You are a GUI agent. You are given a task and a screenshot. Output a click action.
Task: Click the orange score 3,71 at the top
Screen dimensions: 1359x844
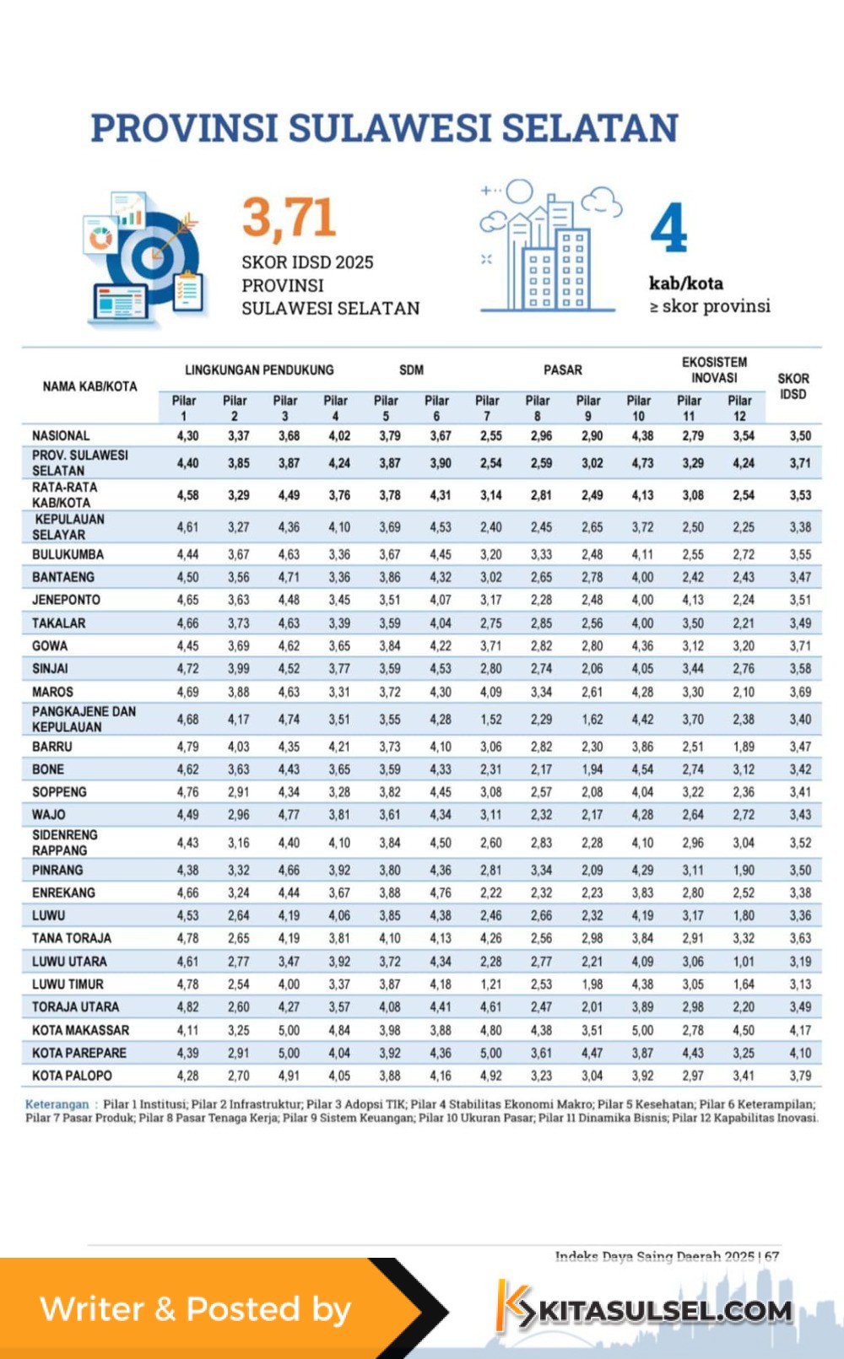click(289, 218)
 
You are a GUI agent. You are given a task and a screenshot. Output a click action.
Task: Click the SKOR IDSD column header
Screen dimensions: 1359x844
click(793, 386)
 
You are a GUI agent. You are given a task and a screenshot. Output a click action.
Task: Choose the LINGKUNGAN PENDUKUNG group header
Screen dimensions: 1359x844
click(259, 370)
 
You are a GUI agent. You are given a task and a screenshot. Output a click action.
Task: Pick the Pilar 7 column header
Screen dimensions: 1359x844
click(487, 408)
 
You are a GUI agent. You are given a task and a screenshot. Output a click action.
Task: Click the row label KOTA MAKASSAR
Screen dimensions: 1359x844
click(80, 1030)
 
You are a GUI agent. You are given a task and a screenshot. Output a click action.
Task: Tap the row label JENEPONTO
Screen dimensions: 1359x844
click(66, 600)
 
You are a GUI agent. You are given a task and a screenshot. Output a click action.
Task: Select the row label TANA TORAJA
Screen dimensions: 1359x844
click(72, 938)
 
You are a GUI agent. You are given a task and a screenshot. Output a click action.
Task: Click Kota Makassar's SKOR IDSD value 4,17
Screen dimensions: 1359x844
click(800, 1030)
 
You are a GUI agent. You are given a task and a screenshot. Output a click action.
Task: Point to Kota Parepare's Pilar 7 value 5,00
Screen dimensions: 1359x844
click(490, 1053)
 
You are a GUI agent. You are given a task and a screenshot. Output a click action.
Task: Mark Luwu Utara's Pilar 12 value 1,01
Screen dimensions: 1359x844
click(743, 961)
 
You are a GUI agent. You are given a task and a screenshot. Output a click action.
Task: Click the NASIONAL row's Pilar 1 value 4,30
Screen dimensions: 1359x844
click(187, 436)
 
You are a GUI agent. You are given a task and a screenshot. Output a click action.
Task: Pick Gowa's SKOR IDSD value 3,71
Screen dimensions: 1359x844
click(800, 646)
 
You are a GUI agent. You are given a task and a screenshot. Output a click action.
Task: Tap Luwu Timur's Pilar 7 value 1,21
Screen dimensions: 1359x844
click(490, 984)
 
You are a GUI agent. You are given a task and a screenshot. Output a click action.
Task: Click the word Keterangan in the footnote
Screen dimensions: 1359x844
click(57, 1104)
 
